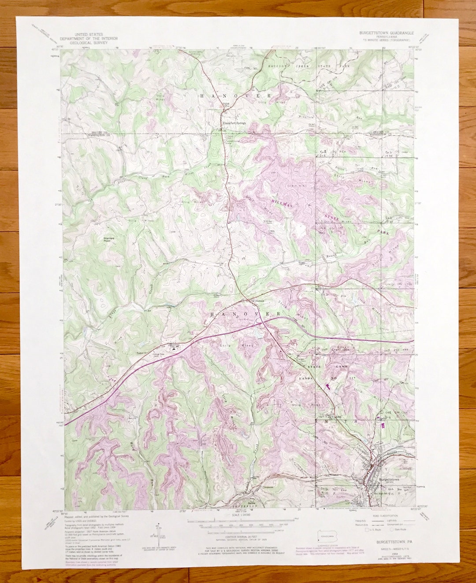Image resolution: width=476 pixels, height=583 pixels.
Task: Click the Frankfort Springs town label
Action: (234, 123)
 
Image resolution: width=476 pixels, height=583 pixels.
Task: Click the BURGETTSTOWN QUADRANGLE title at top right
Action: (386, 33)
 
